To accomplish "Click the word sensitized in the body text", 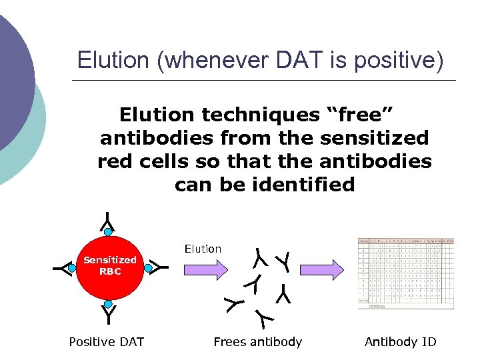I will (374, 138).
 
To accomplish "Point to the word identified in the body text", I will (304, 184).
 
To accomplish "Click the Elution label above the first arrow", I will (203, 249).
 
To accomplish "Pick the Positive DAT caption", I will (107, 342).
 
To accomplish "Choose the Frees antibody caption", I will (257, 342).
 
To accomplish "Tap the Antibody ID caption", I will (400, 342).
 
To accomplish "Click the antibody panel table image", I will (405, 273).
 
